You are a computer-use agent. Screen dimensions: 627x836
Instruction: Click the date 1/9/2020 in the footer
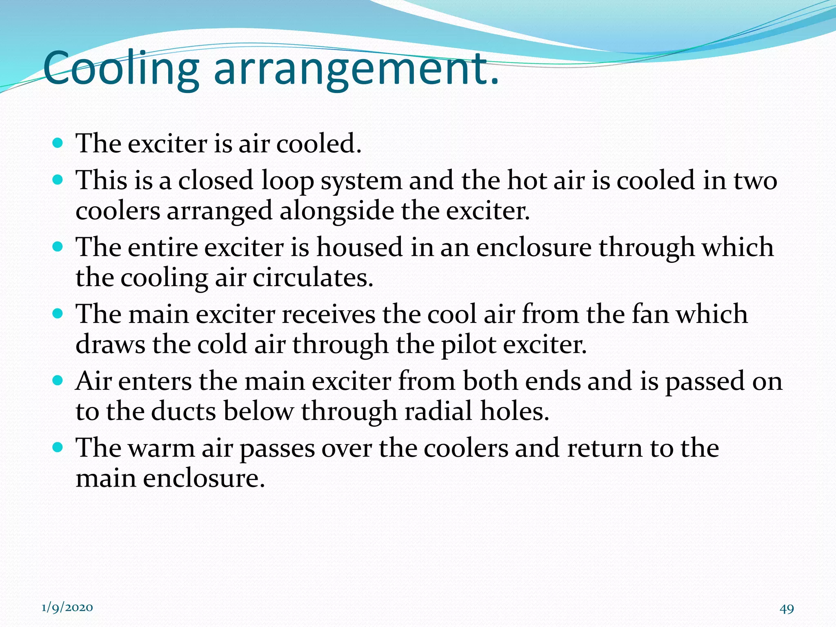click(x=67, y=608)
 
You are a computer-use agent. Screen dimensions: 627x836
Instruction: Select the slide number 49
click(x=787, y=609)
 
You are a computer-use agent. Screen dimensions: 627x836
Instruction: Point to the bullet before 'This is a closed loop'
click(x=58, y=180)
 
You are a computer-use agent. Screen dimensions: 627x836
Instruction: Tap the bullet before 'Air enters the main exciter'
click(x=58, y=380)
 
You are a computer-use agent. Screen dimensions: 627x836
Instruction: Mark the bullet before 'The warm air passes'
click(x=58, y=447)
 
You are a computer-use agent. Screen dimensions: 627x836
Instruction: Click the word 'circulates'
click(x=313, y=278)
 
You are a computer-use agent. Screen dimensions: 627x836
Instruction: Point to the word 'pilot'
click(x=469, y=345)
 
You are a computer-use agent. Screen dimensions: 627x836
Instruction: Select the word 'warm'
click(x=162, y=448)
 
